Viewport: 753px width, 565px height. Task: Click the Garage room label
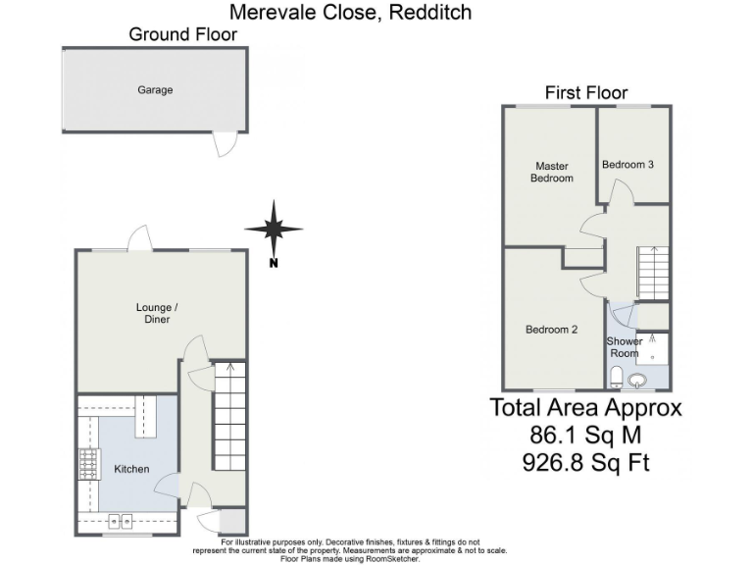(155, 89)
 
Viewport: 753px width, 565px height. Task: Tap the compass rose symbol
(274, 230)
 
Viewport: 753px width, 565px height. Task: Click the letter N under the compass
(274, 262)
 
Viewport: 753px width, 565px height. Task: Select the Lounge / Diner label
(155, 313)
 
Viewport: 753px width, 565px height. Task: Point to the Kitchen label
(131, 469)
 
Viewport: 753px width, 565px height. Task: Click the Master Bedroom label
(552, 172)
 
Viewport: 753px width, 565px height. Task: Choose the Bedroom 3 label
(627, 165)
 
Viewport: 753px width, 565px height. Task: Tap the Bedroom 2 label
(551, 330)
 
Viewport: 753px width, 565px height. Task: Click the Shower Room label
(625, 347)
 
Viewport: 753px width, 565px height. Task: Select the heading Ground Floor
(182, 34)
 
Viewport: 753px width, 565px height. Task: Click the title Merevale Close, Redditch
(350, 12)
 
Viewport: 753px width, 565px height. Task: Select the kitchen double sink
(119, 521)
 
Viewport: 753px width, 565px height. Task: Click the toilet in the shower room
(615, 378)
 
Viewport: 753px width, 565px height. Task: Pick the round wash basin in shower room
(639, 381)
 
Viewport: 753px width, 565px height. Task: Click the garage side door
(226, 144)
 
